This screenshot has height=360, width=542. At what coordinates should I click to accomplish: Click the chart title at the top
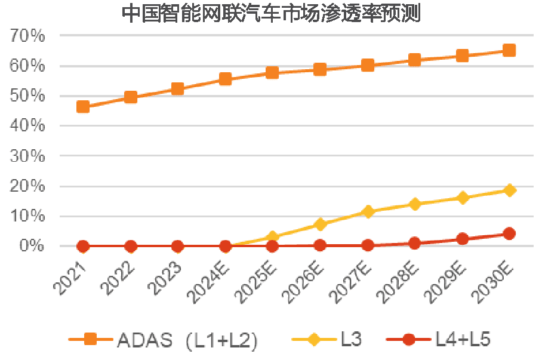(x=271, y=13)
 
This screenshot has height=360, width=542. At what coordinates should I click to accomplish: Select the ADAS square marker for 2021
(x=83, y=107)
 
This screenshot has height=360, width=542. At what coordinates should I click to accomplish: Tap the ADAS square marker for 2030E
(x=509, y=51)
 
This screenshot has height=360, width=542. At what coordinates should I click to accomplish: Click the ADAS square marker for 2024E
(x=225, y=79)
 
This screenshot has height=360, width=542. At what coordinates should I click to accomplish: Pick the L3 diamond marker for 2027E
(x=368, y=211)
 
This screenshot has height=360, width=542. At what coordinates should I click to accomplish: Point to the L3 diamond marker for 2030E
(x=509, y=190)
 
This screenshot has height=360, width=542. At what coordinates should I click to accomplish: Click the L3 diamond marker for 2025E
(x=273, y=237)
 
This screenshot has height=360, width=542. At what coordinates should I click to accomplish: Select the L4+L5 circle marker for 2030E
(x=509, y=233)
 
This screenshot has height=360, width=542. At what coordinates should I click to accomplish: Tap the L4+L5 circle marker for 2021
(x=83, y=246)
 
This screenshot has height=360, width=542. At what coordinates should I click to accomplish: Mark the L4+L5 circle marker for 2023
(x=177, y=246)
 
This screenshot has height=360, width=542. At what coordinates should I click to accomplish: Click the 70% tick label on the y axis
(x=27, y=36)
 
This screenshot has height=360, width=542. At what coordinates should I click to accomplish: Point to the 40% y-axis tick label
(x=27, y=126)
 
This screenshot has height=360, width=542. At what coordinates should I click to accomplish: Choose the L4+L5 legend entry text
(x=462, y=340)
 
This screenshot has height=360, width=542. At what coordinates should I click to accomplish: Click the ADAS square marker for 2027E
(x=368, y=65)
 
